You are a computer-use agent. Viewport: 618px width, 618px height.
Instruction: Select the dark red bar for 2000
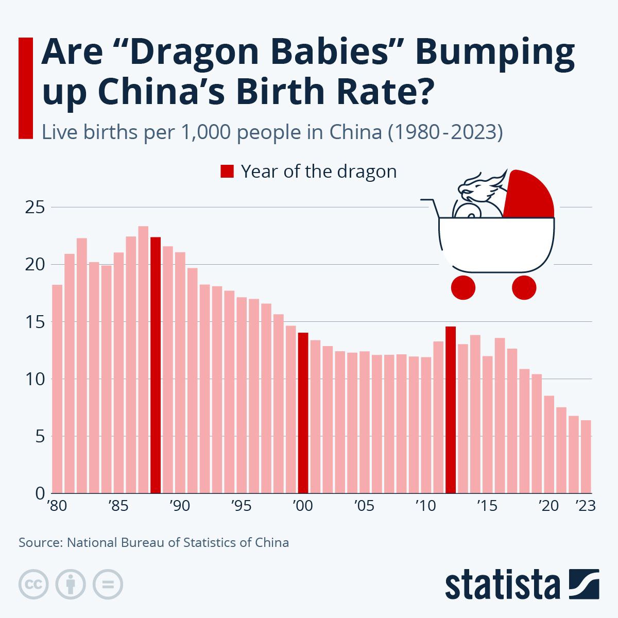point(303,413)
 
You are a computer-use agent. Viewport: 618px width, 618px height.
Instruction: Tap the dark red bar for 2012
point(451,409)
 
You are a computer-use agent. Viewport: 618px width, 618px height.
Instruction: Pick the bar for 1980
point(57,389)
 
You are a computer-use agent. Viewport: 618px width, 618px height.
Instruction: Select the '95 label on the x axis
point(241,506)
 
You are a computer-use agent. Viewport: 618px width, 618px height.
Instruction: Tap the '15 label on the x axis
point(487,506)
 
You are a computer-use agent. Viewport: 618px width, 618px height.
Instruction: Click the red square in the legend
point(227,171)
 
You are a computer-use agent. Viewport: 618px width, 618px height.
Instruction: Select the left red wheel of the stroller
point(462,287)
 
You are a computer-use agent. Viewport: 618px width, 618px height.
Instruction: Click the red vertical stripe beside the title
point(25,88)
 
